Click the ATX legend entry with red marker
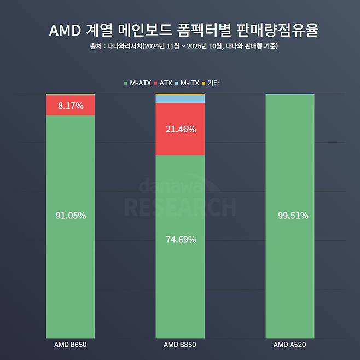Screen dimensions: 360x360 pos(164,83)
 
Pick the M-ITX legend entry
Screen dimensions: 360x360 pos(189,83)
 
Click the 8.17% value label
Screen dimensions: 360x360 pos(71,106)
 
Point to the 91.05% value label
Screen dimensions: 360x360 pos(71,216)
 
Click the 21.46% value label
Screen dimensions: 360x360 pos(180,130)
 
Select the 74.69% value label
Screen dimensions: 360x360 pos(180,240)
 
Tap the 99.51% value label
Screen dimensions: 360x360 pos(290,216)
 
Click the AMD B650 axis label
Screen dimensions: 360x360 pos(71,345)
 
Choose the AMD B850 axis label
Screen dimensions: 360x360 pos(180,345)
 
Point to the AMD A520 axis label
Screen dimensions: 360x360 pos(290,345)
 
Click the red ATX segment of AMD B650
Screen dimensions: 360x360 pos(55,106)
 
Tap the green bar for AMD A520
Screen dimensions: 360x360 pos(290,274)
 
